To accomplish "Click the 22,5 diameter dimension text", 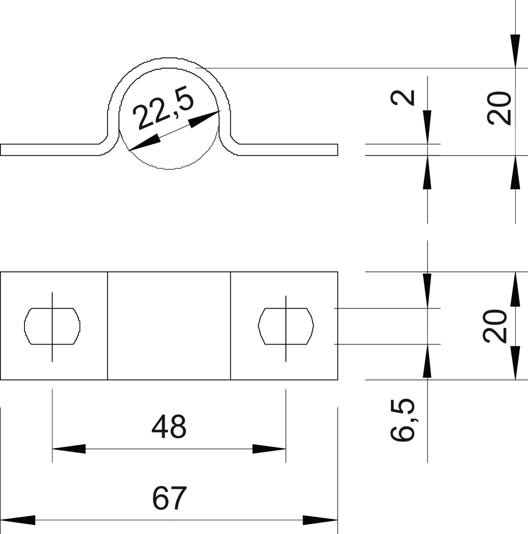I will point(163,111).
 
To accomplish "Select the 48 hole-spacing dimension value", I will point(169,427).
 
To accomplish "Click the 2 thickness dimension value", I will point(403,98).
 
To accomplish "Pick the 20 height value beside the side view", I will point(499,108).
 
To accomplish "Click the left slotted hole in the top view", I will point(52,326).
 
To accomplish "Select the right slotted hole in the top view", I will point(286,326).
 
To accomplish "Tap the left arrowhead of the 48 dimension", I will point(69,449).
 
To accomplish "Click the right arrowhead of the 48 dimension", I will point(269,449).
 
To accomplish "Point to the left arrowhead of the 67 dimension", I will point(18,520).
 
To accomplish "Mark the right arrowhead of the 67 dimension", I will point(320,520).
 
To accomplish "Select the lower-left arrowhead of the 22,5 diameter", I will point(144,143).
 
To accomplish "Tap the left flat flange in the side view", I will point(50,150).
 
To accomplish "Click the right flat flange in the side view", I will point(288,150).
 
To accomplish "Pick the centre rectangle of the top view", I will point(169,326).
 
